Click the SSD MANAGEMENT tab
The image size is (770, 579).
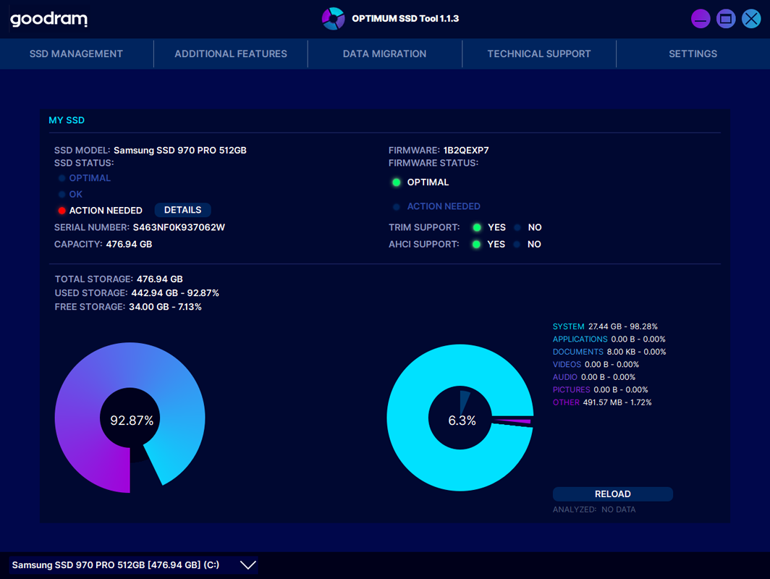point(76,54)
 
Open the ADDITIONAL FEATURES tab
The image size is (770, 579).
point(231,54)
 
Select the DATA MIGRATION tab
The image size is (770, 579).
point(384,54)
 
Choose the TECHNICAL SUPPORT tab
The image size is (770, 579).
point(539,54)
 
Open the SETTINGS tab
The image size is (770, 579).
point(693,54)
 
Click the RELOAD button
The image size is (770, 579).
point(612,494)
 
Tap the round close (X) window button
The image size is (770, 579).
point(750,19)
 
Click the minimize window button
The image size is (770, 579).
point(701,19)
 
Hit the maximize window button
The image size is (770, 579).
point(726,19)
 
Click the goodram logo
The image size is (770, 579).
point(48,20)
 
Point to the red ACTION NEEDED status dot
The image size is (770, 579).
point(62,211)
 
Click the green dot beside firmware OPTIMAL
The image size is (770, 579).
point(397,182)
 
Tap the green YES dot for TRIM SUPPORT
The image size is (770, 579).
point(477,227)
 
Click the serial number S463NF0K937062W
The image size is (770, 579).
point(179,227)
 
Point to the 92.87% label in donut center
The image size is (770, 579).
point(132,420)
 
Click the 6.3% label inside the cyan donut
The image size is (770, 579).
point(461,420)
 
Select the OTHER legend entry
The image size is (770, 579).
point(566,402)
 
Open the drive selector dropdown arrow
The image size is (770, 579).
point(248,565)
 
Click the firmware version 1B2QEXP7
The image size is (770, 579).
point(466,151)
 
